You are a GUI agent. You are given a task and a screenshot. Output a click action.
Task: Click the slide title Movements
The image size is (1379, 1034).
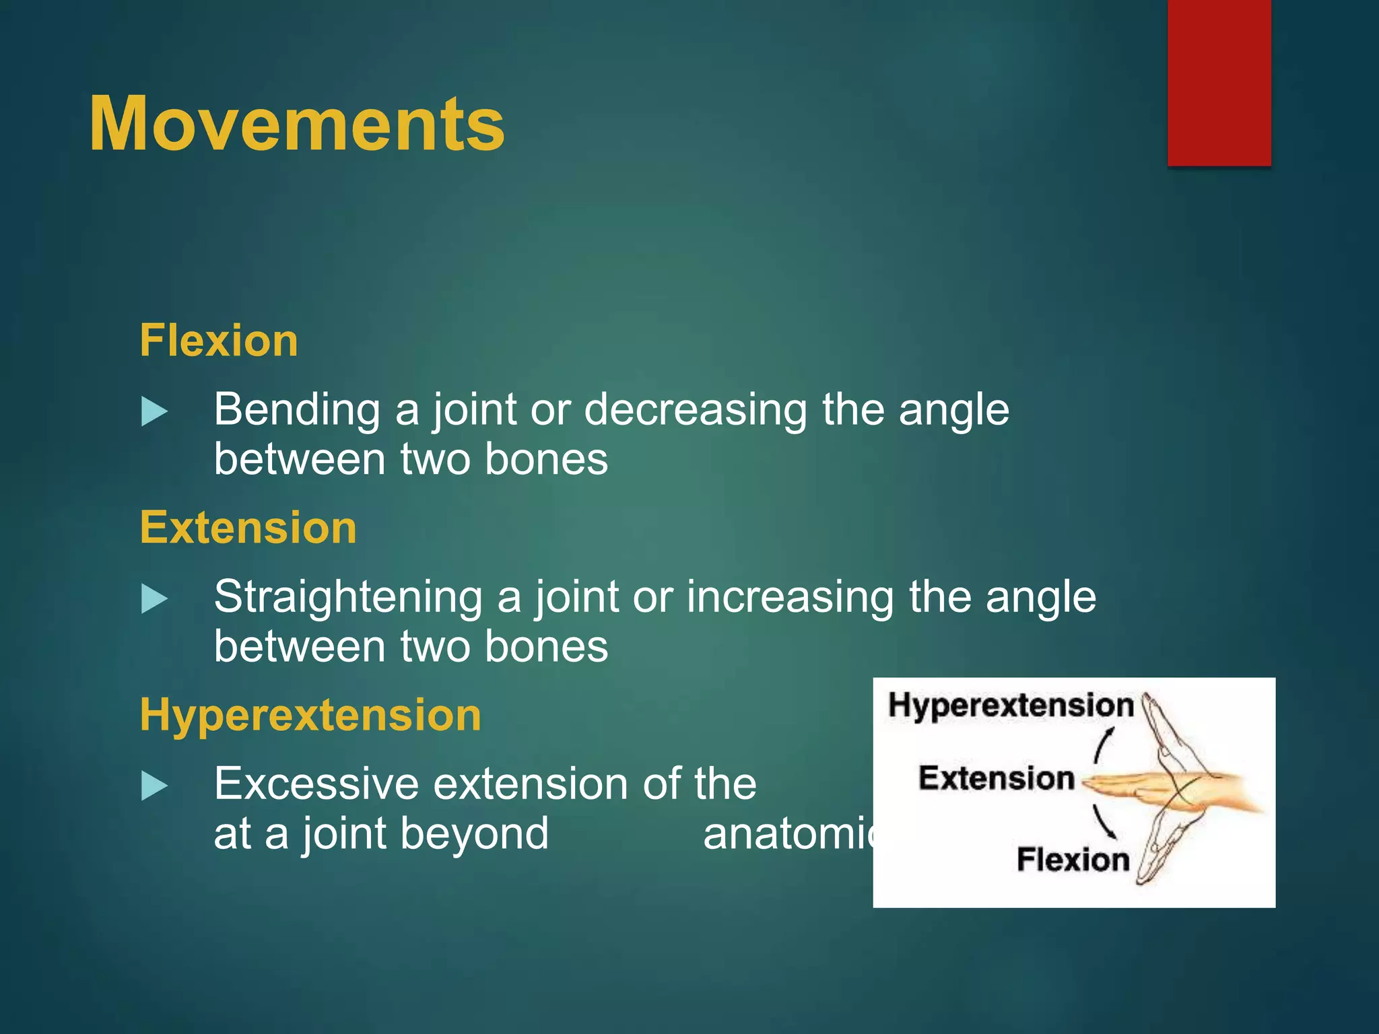tap(296, 125)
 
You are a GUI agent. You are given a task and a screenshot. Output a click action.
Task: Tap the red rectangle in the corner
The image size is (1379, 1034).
tap(1219, 82)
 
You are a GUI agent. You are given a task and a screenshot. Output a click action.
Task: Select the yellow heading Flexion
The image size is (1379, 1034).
tap(219, 341)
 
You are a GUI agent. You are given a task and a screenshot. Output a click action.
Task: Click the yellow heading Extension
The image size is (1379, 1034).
tap(248, 528)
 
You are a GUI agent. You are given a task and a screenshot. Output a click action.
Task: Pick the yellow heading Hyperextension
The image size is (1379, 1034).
tap(310, 715)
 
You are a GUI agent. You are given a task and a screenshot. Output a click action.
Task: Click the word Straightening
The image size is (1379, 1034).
tap(348, 598)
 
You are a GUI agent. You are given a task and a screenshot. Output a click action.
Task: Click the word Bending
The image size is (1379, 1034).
tap(297, 411)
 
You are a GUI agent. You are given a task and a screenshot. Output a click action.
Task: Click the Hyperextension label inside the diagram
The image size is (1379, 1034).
tap(1011, 705)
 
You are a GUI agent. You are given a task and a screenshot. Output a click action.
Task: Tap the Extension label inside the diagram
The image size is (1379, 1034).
tap(996, 778)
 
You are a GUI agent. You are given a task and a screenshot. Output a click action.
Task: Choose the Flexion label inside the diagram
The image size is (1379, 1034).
tap(1073, 860)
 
